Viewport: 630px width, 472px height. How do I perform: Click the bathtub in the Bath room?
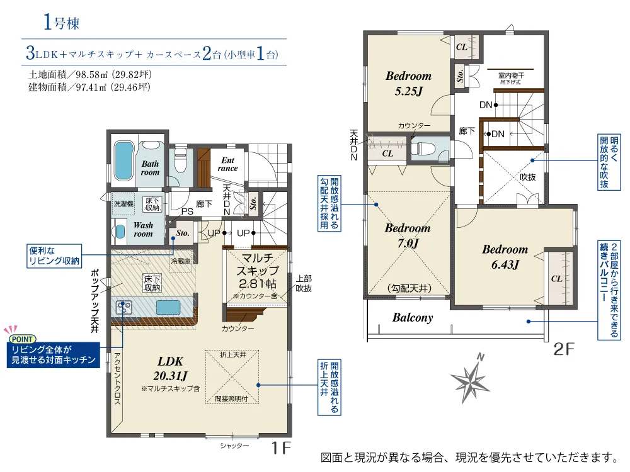(x=123, y=160)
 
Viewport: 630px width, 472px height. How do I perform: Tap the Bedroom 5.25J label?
(x=408, y=84)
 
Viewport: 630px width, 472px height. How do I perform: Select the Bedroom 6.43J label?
(x=505, y=257)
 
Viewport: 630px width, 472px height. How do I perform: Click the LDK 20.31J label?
(x=170, y=368)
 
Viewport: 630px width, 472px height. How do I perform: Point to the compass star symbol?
(x=470, y=379)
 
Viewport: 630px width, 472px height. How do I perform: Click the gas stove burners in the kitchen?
(x=123, y=308)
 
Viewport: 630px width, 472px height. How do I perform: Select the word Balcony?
(x=413, y=317)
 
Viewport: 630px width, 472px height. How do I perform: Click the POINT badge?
(x=22, y=339)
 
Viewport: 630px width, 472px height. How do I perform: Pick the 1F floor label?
(x=281, y=447)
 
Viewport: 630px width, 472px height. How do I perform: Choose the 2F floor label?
(x=564, y=349)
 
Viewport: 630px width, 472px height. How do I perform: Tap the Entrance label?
(x=228, y=164)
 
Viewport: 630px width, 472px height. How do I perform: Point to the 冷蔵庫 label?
(x=181, y=261)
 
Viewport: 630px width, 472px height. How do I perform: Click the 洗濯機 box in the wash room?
(x=123, y=204)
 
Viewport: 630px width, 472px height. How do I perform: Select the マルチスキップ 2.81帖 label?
(x=258, y=271)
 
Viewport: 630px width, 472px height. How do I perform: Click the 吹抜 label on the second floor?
(x=527, y=177)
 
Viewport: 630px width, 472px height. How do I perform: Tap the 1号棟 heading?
(x=62, y=22)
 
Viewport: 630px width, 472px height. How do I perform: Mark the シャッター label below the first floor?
(x=234, y=446)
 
